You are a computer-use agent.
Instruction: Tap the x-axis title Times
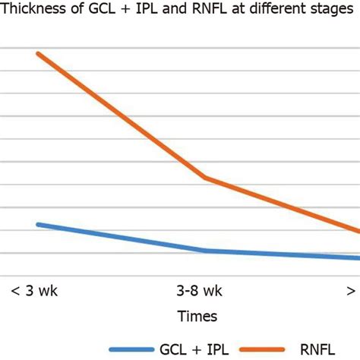point(197,316)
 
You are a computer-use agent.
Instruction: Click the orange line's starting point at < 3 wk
point(37,53)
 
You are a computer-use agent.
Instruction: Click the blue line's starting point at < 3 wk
point(37,224)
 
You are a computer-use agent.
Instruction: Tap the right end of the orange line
point(358,231)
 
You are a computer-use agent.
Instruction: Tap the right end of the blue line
point(358,257)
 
